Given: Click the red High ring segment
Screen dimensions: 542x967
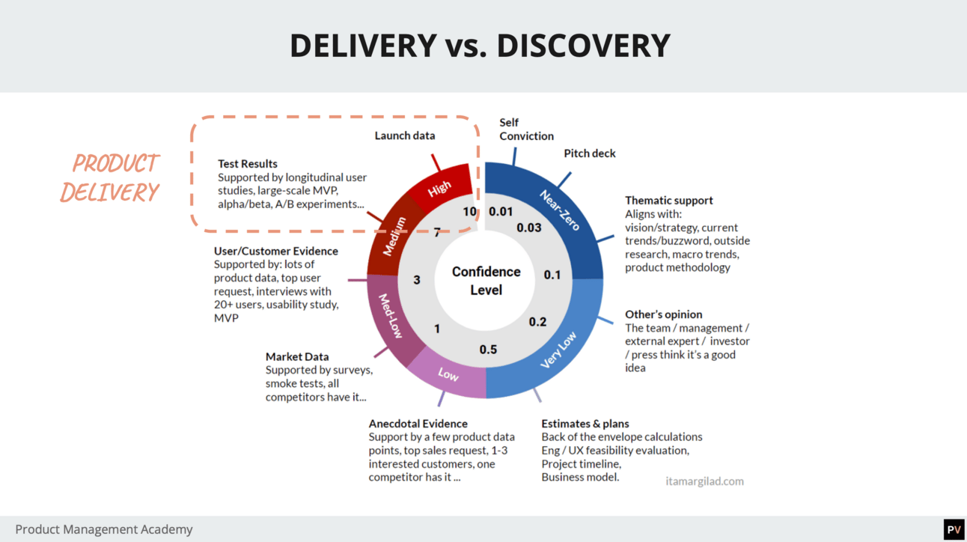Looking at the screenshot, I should [442, 186].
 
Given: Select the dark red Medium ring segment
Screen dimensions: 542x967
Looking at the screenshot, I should [393, 235].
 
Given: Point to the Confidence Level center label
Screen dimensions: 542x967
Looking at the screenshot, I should [486, 281].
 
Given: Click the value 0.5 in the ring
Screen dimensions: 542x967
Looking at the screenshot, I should [488, 350].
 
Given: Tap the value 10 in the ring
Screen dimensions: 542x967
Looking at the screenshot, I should [469, 212].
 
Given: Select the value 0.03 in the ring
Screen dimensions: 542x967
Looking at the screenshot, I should [529, 227].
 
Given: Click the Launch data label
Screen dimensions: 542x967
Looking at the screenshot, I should [405, 135].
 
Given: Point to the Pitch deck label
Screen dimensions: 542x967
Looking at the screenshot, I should [590, 153].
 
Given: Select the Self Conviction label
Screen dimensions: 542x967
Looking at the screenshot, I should [526, 130].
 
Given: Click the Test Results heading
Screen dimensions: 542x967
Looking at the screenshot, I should [248, 164].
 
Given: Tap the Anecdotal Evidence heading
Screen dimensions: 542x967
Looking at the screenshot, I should [418, 424].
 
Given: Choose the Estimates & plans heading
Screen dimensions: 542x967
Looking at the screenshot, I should [585, 424].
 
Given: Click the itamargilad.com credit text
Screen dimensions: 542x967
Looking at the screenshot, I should [704, 481].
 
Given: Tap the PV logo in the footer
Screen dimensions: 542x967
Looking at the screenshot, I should [954, 529].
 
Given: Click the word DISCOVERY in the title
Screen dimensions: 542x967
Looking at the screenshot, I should [583, 46].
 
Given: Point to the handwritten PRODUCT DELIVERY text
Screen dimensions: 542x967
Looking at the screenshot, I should [110, 177].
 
